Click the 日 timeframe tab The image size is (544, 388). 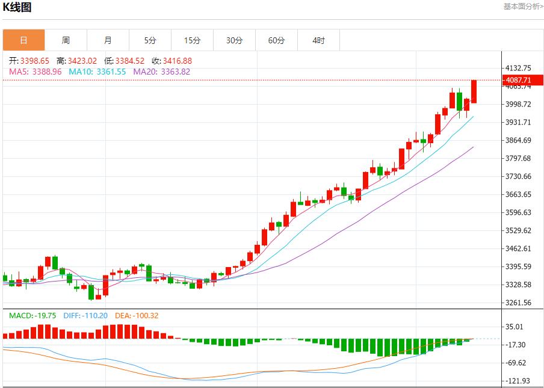(x=23, y=40)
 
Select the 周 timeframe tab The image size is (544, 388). (x=66, y=40)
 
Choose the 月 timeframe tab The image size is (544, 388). (x=108, y=40)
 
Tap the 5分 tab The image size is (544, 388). (x=150, y=40)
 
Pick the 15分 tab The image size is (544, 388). (x=192, y=40)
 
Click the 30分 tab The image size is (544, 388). (x=234, y=40)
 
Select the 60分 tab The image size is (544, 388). (x=276, y=40)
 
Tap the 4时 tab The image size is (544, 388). (x=318, y=40)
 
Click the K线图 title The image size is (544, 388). (x=17, y=7)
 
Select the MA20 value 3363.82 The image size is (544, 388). (x=173, y=72)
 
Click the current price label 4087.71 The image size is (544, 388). (x=519, y=80)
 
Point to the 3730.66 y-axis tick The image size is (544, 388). (x=519, y=176)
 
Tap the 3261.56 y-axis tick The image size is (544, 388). (x=519, y=303)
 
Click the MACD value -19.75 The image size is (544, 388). (x=44, y=315)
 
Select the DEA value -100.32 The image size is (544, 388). (x=144, y=315)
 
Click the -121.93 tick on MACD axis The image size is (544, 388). (x=518, y=381)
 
